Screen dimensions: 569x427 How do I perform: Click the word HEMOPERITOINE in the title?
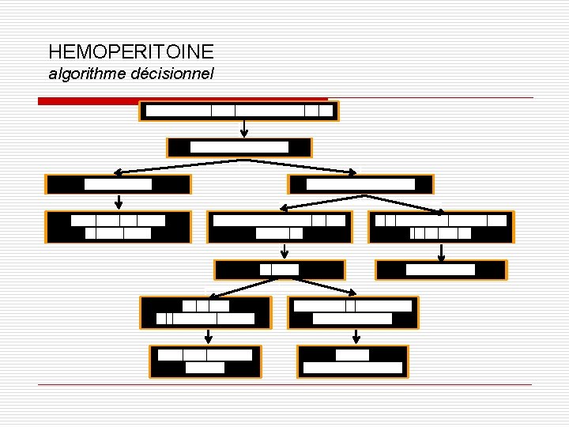(130, 52)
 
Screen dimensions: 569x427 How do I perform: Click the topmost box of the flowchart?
(239, 111)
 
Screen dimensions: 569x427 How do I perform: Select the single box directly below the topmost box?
(239, 147)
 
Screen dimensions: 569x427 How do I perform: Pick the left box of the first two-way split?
(119, 184)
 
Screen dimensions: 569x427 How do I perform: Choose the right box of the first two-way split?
(360, 184)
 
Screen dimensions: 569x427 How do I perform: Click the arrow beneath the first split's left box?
(119, 202)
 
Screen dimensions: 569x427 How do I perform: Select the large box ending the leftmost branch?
(119, 227)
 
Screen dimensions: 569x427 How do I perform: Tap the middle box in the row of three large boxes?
(280, 227)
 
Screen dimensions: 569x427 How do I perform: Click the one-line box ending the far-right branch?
(441, 270)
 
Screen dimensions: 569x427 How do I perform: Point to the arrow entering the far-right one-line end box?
(441, 251)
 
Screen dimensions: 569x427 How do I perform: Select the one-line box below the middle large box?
(280, 270)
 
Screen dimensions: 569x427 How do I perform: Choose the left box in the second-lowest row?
(205, 312)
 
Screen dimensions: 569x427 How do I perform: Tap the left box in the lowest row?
(205, 361)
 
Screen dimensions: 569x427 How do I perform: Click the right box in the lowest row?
(352, 361)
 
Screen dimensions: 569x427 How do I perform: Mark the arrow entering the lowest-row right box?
(356, 337)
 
